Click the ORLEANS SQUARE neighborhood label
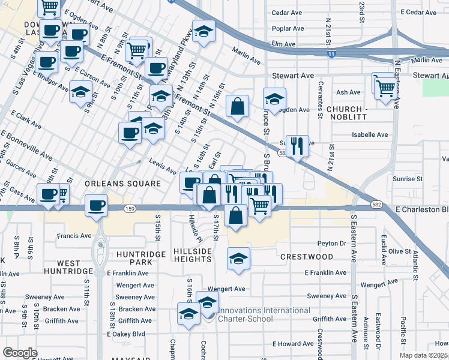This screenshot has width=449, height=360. pyautogui.click(x=122, y=184)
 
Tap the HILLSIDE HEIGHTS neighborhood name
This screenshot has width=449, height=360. pyautogui.click(x=192, y=255)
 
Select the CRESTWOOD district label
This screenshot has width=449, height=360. pyautogui.click(x=307, y=257)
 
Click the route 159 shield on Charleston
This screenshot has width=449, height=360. pyautogui.click(x=130, y=208)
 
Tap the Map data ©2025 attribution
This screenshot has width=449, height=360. pyautogui.click(x=424, y=355)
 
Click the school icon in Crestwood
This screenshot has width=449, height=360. pyautogui.click(x=238, y=259)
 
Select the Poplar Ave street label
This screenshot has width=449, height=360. pyautogui.click(x=288, y=28)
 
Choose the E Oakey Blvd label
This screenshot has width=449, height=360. pyautogui.click(x=126, y=334)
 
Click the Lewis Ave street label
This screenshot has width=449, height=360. pyautogui.click(x=163, y=170)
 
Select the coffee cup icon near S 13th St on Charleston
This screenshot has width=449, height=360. pyautogui.click(x=96, y=206)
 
